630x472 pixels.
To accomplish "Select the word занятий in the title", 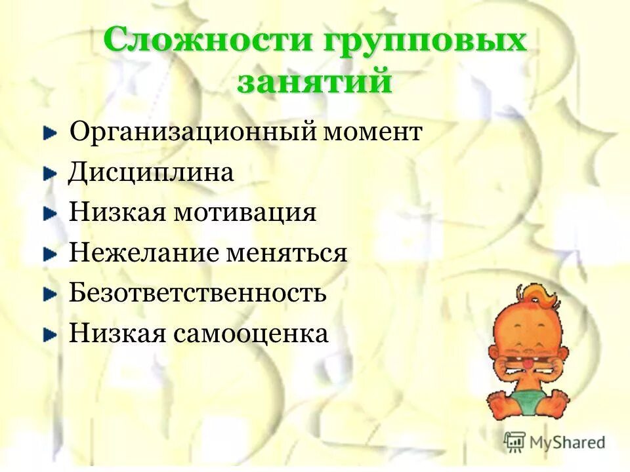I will point(314,83).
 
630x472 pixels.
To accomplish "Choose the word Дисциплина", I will point(151,173).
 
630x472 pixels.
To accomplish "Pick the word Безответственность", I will point(198,293).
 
